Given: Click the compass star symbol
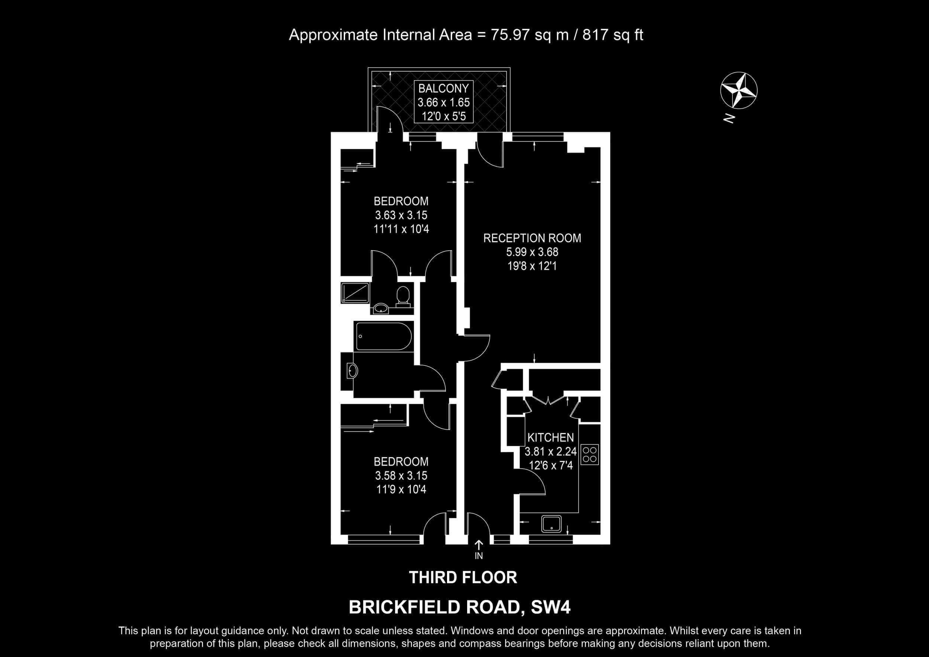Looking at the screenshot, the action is (739, 91).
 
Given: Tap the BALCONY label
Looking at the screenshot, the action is (443, 88).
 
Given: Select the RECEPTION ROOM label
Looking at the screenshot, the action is (532, 238).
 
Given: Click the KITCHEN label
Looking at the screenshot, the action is (550, 437).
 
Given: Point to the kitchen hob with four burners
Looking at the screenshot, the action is (589, 455).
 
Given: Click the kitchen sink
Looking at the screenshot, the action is (551, 524).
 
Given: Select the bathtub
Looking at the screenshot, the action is (383, 336).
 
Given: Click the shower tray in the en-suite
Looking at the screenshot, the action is (355, 293).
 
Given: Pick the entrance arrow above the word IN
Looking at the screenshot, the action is (479, 544).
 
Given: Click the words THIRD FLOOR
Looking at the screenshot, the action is (463, 577).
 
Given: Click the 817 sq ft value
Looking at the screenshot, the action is (613, 35).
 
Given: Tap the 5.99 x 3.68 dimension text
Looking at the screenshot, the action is (532, 252).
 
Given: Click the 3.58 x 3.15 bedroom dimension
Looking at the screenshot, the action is (401, 475).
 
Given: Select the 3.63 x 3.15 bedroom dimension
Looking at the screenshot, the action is (401, 215).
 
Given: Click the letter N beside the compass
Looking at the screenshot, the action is (729, 118).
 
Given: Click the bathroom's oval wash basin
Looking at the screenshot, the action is (352, 371).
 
